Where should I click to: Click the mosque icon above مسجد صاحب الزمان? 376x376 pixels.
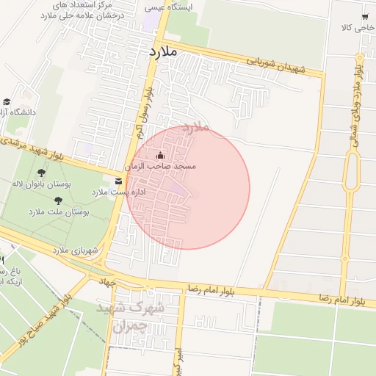(161, 155)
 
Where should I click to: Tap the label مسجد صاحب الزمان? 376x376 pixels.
(162, 167)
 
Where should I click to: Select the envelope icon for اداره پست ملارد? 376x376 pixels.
(118, 181)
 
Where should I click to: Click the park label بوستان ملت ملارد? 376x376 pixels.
(58, 211)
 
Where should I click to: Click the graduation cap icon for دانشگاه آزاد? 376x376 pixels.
(7, 101)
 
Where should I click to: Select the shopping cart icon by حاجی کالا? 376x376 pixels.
(364, 16)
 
